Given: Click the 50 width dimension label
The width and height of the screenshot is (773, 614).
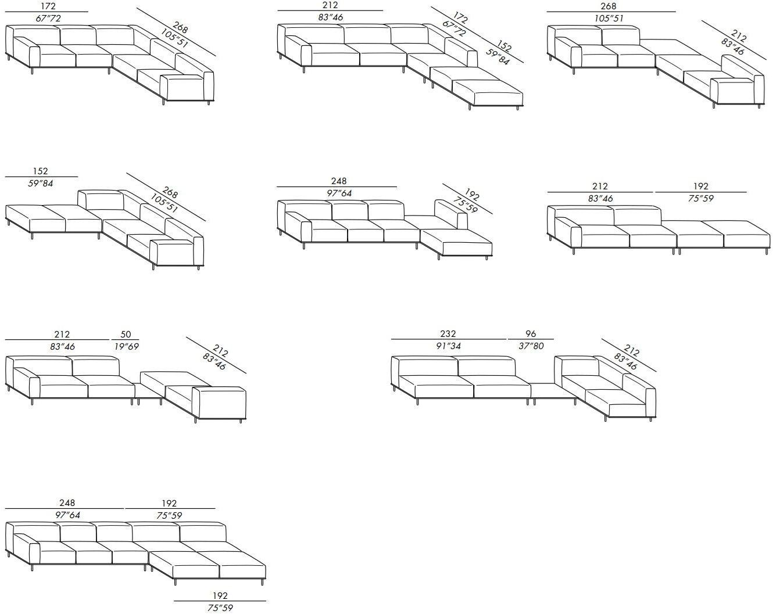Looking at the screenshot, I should tap(126, 334).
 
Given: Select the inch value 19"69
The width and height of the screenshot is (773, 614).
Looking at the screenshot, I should tap(126, 347).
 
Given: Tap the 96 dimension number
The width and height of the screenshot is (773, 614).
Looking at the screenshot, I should tap(531, 333).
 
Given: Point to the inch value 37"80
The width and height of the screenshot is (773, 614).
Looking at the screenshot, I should tap(531, 346).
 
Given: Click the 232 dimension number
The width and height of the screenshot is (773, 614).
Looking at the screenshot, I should tap(448, 333).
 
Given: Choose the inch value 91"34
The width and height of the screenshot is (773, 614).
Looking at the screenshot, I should tap(448, 346).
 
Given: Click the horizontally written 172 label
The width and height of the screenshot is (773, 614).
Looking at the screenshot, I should tap(48, 6).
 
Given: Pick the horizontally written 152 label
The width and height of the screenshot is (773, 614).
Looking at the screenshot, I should tap(40, 171).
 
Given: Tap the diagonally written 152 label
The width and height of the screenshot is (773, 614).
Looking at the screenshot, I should tap(504, 46).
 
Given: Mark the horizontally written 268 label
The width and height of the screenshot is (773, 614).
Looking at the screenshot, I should tap(609, 6).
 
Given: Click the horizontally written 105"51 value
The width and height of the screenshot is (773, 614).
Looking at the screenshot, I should tap(609, 18).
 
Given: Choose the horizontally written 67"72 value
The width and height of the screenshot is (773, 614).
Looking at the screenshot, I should tap(48, 18).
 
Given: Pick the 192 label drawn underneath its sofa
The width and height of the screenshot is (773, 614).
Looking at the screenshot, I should tap(220, 595).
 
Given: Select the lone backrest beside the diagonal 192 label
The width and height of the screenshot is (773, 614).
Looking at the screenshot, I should tap(450, 213).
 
